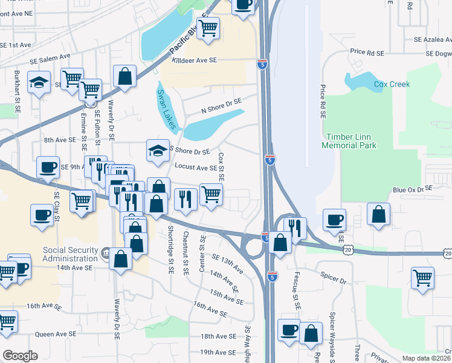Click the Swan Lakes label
point(168,110)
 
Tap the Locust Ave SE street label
point(196,167)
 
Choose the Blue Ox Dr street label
point(407,190)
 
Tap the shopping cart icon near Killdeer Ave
point(208,27)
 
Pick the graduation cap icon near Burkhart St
point(39,83)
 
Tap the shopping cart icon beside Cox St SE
point(210,194)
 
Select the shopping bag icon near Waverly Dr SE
point(124,76)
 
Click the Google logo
point(20,355)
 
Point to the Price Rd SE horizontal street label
point(367,53)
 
